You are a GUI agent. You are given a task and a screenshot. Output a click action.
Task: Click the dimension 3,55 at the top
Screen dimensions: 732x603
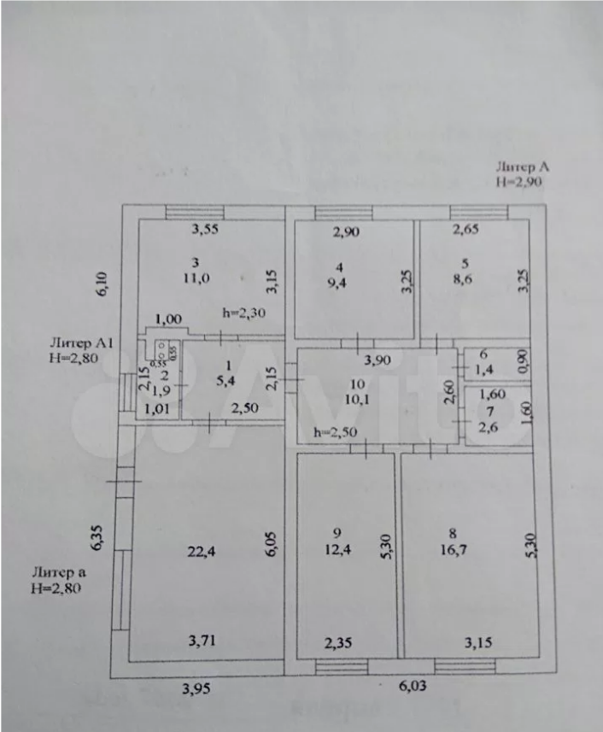click(x=205, y=229)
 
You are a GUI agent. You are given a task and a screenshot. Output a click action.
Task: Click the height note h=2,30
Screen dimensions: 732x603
click(x=243, y=313)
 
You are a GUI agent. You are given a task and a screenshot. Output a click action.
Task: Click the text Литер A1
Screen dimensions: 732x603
click(x=83, y=343)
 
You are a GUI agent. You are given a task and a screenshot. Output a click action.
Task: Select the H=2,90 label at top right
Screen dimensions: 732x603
click(x=519, y=181)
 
